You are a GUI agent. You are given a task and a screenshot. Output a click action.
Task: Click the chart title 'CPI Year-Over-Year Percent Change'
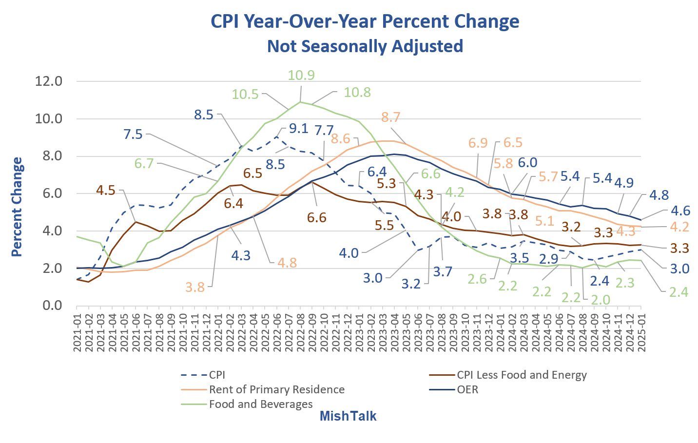365,21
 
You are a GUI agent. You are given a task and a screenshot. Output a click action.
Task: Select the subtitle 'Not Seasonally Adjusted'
365,46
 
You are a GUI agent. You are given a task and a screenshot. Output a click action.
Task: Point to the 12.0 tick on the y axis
49,81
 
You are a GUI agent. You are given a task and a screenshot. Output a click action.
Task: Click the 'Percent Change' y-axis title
17,207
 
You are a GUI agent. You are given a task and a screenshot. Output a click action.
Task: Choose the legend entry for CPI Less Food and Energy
522,375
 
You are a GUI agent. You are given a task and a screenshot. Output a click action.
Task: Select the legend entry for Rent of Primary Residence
276,389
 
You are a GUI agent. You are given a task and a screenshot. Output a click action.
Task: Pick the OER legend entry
467,389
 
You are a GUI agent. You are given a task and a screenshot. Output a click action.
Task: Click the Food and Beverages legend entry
261,404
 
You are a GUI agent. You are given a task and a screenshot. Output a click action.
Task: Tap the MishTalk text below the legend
348,416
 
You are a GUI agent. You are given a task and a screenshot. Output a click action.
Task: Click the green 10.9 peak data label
301,76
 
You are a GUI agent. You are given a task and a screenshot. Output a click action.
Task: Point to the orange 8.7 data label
390,117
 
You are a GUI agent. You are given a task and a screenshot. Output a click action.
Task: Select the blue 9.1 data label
298,128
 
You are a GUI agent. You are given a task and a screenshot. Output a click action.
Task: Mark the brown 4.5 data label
106,190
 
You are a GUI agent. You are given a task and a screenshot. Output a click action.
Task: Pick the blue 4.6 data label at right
680,211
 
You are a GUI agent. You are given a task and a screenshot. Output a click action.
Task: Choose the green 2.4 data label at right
679,292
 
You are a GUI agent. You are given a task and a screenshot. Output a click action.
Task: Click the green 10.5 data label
245,94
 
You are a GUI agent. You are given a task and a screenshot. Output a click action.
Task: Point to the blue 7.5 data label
133,134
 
